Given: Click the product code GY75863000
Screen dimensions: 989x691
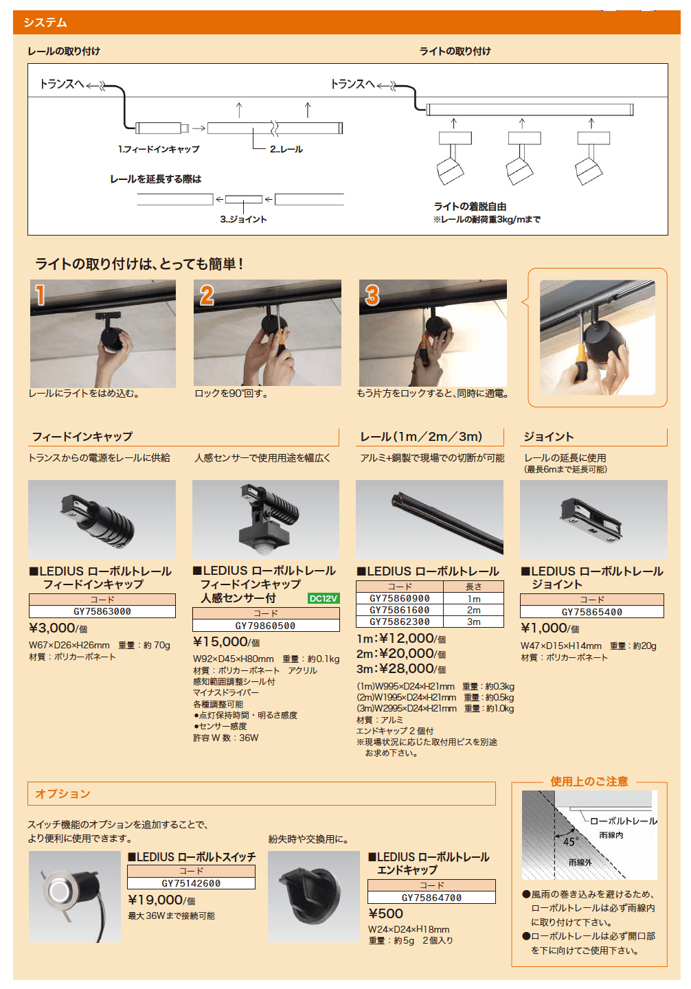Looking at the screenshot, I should pos(102,611).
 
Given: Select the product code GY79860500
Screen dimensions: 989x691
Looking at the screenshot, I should pos(265,626).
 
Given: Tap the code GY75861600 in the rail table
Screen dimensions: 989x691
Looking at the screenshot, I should pos(400,610).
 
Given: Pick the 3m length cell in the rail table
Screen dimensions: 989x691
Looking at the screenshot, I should pos(474,622).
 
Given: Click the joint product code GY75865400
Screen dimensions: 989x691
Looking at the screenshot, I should pos(592,612).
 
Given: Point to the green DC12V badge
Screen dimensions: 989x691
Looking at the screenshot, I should pos(324,598).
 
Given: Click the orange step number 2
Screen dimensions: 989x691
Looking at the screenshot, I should pos(207,295).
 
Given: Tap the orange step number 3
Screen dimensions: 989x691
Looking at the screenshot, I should pos(372,295).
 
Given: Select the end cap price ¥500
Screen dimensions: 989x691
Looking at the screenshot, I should pos(386,913).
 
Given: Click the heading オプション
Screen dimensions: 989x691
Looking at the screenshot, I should pos(63,794).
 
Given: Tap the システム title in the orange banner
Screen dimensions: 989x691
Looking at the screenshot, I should pos(45,23).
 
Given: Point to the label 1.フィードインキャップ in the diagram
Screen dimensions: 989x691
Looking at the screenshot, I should pos(159,149).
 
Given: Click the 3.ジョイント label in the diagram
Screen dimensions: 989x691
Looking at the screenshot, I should pos(243,219).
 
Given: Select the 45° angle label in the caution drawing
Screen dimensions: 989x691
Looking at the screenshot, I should pos(571,841).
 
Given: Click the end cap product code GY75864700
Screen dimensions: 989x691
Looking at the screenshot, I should pos(431,898).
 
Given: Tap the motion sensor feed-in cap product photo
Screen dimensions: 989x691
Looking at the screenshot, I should pos(266,519).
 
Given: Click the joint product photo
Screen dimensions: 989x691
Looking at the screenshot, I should pos(593,519).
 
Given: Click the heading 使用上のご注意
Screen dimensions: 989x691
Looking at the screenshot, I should pos(589,782).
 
